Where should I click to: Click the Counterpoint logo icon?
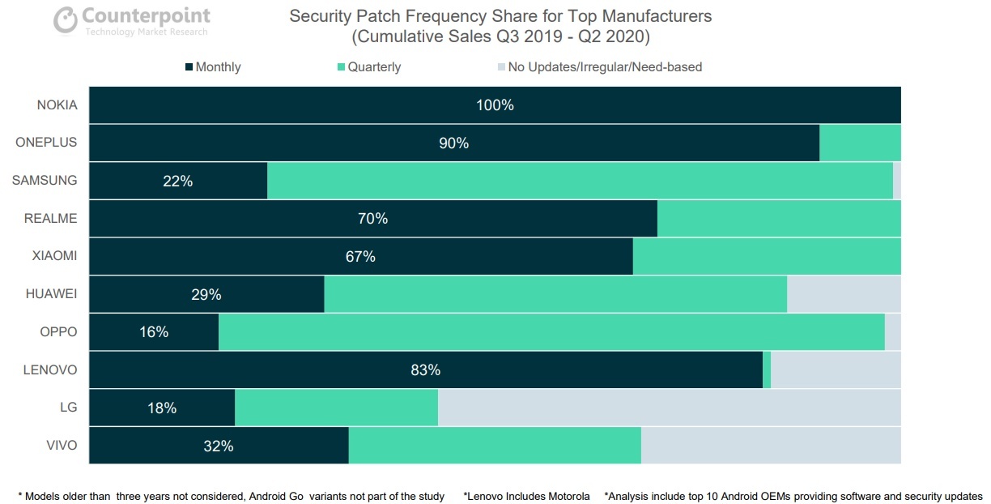(x=65, y=21)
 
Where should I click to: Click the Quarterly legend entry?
(x=368, y=67)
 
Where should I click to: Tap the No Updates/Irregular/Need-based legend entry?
(x=599, y=67)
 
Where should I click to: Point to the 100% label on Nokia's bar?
(x=495, y=105)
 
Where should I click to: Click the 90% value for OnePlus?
(x=454, y=143)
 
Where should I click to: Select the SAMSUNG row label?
(x=45, y=181)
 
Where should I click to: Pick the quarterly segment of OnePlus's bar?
(x=860, y=143)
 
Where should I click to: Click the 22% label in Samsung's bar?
(x=178, y=182)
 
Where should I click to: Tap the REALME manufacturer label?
(x=51, y=219)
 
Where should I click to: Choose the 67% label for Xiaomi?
(x=360, y=257)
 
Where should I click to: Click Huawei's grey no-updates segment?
(x=844, y=294)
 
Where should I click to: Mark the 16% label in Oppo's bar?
(x=154, y=332)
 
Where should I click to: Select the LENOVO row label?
(x=50, y=370)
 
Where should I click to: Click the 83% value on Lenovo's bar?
(x=426, y=370)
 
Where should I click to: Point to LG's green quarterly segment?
(x=336, y=408)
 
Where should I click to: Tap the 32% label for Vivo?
(x=219, y=446)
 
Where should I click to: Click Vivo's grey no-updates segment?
(x=771, y=446)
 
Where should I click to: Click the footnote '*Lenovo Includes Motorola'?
(x=526, y=496)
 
